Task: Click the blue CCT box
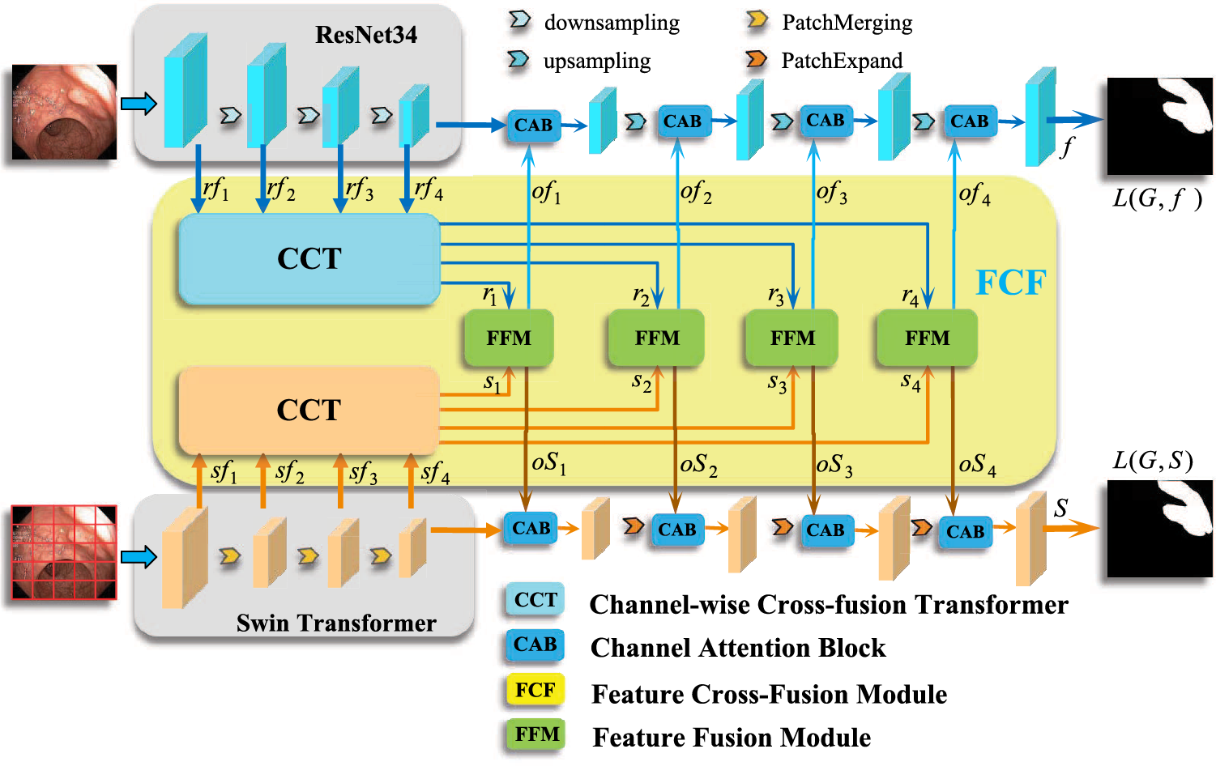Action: [309, 259]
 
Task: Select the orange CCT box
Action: [309, 411]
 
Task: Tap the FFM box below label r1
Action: [508, 338]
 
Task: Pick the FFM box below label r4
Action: [927, 338]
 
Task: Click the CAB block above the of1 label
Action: [533, 126]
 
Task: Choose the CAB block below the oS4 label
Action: [965, 532]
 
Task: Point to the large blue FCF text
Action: [1010, 283]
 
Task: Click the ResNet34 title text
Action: [366, 35]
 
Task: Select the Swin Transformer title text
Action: [336, 623]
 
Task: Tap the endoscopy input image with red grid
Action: [64, 552]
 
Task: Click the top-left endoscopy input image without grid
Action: [64, 112]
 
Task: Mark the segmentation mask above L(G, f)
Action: [1159, 126]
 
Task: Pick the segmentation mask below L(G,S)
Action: [1159, 529]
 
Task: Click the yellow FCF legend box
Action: [535, 690]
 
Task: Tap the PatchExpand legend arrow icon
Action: [756, 59]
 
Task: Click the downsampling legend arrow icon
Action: [518, 20]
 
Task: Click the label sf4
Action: [434, 471]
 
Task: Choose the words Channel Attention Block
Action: [737, 648]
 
